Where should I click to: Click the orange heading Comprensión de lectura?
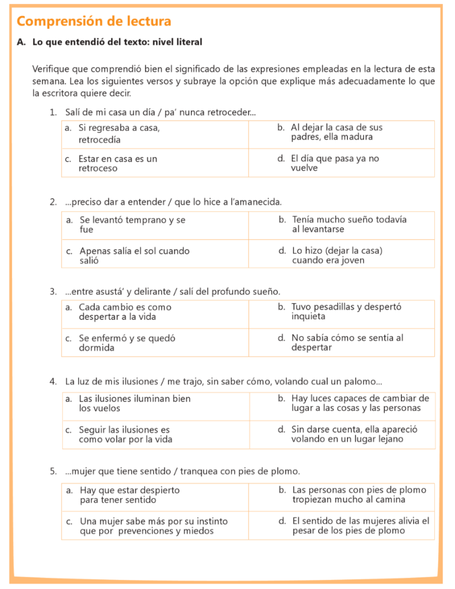point(94,21)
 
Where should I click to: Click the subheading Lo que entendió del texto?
point(117,42)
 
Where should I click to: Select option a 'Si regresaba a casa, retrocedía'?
point(119,133)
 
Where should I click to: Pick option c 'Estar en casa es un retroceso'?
point(118,163)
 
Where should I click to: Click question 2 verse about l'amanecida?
point(173,202)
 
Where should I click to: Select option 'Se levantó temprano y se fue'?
point(132,224)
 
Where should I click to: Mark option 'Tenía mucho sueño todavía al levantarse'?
point(349,224)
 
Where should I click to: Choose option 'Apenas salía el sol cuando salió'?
point(135,255)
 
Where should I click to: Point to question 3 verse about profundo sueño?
point(173,292)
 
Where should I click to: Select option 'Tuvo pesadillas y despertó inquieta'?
point(346,312)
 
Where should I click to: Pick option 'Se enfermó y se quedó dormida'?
point(127,343)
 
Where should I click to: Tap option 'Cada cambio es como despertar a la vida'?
point(125,312)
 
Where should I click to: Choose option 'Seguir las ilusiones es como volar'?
point(125,434)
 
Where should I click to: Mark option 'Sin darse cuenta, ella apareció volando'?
point(354,434)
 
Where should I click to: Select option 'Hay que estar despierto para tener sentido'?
point(129,495)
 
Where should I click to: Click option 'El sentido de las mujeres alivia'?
point(361,526)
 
